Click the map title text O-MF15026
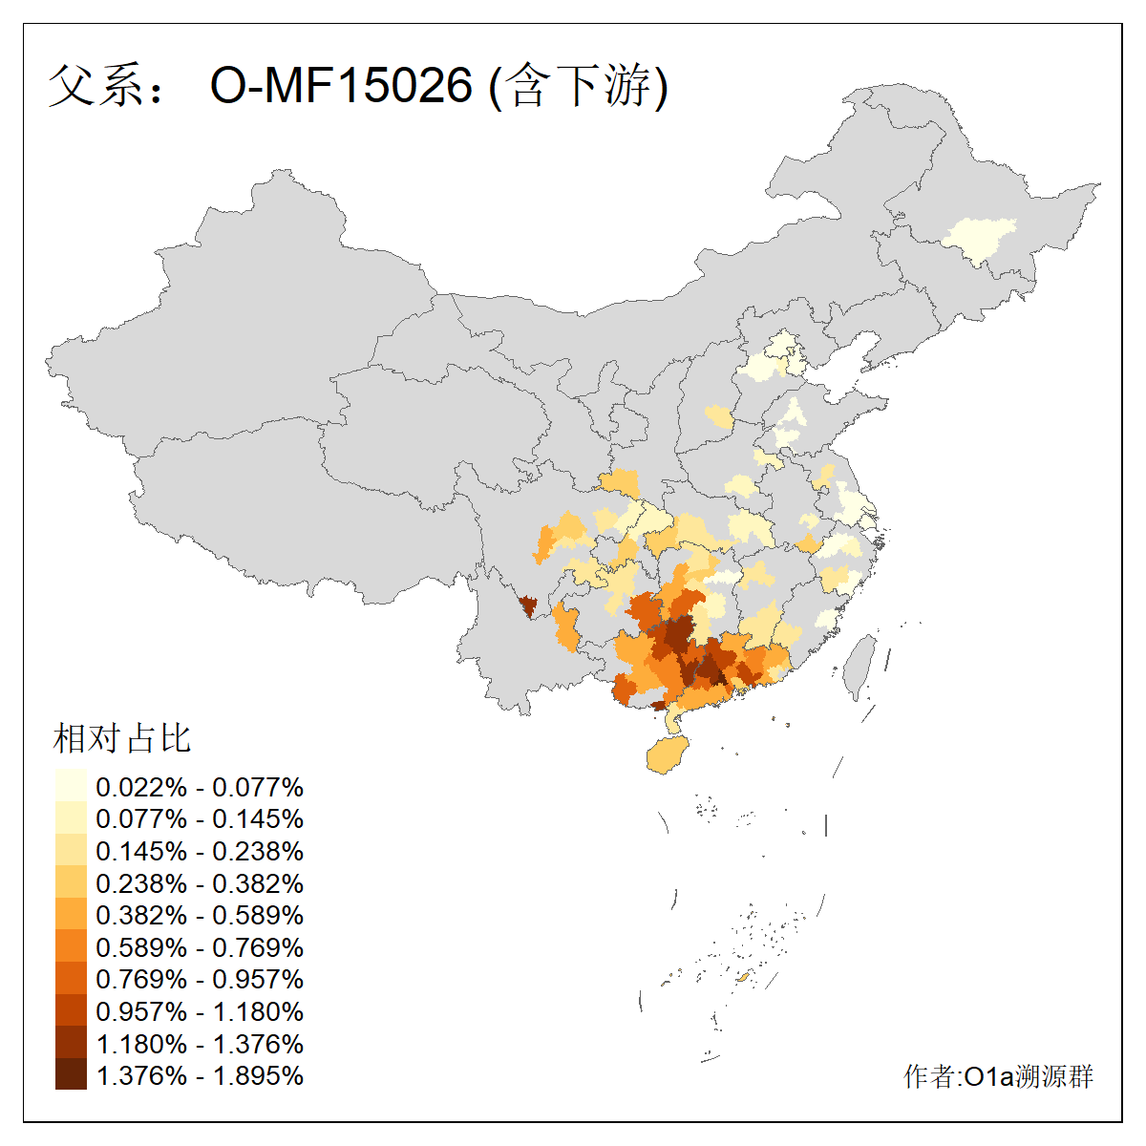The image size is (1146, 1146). pos(341,85)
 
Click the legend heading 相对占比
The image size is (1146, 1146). pos(122,738)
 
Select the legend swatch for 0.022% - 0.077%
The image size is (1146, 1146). pos(71,786)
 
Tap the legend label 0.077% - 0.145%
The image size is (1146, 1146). pos(200,818)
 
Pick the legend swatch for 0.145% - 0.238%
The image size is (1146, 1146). pos(71,850)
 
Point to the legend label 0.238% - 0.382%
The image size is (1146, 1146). pos(200,882)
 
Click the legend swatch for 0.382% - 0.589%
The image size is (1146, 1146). pos(71,914)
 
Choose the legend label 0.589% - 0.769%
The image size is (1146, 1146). pos(200,946)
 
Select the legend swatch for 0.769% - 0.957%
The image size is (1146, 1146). pos(71,978)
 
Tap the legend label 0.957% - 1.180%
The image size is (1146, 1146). pos(200,1010)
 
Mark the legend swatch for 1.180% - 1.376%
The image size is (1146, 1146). pos(71,1043)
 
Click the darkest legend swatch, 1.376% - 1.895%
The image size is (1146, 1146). pos(71,1074)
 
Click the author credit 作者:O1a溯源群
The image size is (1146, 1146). pos(998,1076)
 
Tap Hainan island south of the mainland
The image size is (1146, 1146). pos(666,755)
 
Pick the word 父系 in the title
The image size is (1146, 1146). pos(94,85)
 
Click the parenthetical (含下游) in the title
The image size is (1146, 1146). pos(578,85)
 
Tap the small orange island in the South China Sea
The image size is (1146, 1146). pos(743,977)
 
